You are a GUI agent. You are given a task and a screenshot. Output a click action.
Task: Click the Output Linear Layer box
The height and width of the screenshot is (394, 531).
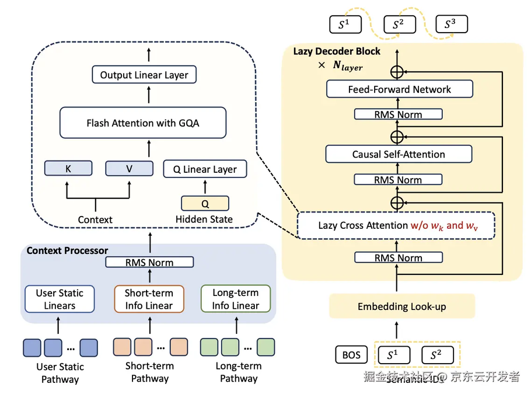click(x=144, y=75)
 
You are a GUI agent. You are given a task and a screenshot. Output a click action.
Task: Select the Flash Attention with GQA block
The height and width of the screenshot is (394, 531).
click(x=142, y=123)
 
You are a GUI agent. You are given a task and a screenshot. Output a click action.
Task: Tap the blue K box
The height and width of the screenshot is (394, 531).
click(x=68, y=169)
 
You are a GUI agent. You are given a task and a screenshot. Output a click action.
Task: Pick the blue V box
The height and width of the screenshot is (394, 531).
click(x=128, y=169)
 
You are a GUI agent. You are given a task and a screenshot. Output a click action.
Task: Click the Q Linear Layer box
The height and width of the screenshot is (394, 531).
click(x=205, y=169)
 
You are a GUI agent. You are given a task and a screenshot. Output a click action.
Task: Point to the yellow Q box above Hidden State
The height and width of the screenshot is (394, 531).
click(x=205, y=204)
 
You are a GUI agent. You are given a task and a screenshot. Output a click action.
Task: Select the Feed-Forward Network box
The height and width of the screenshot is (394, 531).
click(x=399, y=89)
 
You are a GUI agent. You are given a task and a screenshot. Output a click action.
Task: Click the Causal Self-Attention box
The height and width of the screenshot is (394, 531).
click(x=399, y=154)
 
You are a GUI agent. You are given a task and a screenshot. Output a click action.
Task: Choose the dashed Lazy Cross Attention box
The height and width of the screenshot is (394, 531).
click(x=396, y=225)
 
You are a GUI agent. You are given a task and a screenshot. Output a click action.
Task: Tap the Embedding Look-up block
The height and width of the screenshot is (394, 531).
click(x=401, y=306)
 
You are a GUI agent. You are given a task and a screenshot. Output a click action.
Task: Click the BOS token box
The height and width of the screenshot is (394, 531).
click(x=351, y=355)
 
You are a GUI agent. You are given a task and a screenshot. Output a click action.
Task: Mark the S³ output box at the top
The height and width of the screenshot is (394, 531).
click(x=450, y=25)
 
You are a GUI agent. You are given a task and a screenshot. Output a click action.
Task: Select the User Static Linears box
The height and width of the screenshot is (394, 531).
click(x=60, y=299)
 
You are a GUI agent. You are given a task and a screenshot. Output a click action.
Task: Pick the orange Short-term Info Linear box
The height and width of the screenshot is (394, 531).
click(x=149, y=299)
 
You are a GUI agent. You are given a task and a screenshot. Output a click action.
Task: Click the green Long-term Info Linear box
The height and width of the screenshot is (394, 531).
click(x=236, y=299)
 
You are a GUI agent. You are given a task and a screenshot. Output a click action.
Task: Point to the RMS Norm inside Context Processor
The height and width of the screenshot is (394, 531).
click(x=149, y=262)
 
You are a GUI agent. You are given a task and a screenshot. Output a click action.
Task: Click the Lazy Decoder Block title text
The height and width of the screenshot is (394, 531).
click(x=336, y=51)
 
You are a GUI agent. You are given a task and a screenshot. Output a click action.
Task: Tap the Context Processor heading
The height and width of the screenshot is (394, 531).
click(x=67, y=250)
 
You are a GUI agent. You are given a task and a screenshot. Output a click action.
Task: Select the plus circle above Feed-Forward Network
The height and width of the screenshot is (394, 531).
click(x=397, y=72)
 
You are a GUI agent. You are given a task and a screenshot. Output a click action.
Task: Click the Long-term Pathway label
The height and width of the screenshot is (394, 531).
click(x=239, y=372)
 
